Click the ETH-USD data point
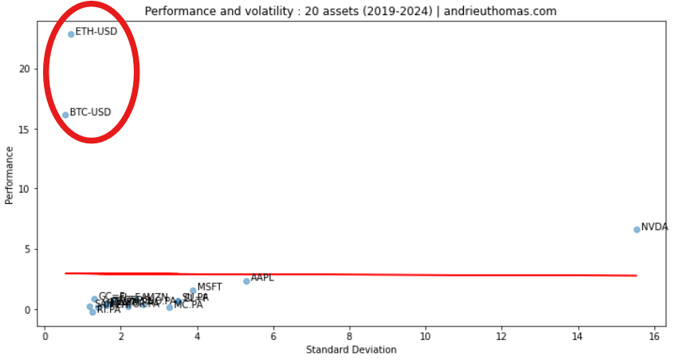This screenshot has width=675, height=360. coord(71,34)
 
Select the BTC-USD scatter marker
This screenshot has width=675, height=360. coord(65,115)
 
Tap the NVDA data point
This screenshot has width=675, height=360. coord(637,229)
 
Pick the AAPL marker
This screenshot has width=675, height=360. coord(246,281)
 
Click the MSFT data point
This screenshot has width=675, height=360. coord(193,291)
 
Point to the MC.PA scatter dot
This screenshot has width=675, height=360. coord(170,307)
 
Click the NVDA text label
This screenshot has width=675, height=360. coord(654,227)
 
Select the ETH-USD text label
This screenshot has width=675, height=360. coord(96,32)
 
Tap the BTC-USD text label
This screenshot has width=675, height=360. coord(91,112)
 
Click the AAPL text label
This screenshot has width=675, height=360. coord(262,278)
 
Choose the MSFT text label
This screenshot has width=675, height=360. coord(210,288)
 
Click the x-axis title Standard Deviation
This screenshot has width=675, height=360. coord(351,350)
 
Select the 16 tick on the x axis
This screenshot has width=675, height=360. coord(654,335)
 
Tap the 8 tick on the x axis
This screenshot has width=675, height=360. coord(350,335)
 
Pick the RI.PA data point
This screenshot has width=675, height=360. coord(92,312)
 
